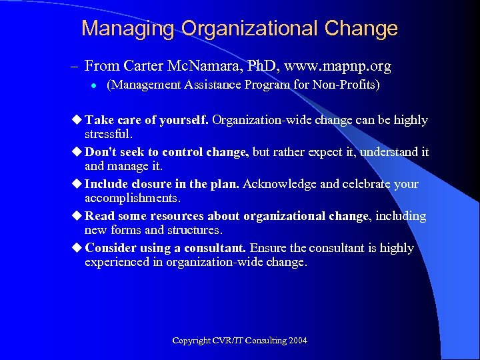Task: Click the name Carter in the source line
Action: (143, 66)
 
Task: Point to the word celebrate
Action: (357, 184)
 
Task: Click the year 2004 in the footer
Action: (298, 341)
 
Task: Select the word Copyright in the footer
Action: (192, 341)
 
